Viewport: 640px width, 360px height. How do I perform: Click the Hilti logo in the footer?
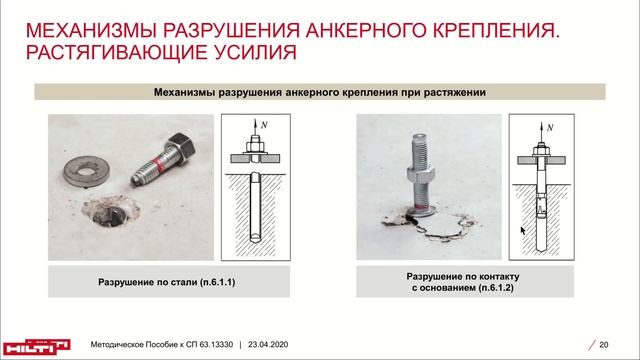pos(36,347)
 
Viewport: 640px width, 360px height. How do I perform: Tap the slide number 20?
pos(604,345)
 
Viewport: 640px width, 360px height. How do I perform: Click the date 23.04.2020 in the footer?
pos(268,344)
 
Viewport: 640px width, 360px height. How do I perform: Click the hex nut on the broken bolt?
pos(180,148)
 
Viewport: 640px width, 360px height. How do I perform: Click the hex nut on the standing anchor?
pos(420,173)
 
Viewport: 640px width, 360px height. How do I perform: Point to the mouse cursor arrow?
pos(523,231)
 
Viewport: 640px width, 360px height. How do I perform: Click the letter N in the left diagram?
pos(264,125)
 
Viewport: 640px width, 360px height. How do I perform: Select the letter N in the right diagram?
pos(550,128)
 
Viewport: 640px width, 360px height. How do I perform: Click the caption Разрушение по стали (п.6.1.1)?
pos(167,282)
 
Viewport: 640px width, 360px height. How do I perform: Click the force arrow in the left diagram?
pos(255,128)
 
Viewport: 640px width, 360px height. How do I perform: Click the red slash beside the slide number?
pos(591,345)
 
